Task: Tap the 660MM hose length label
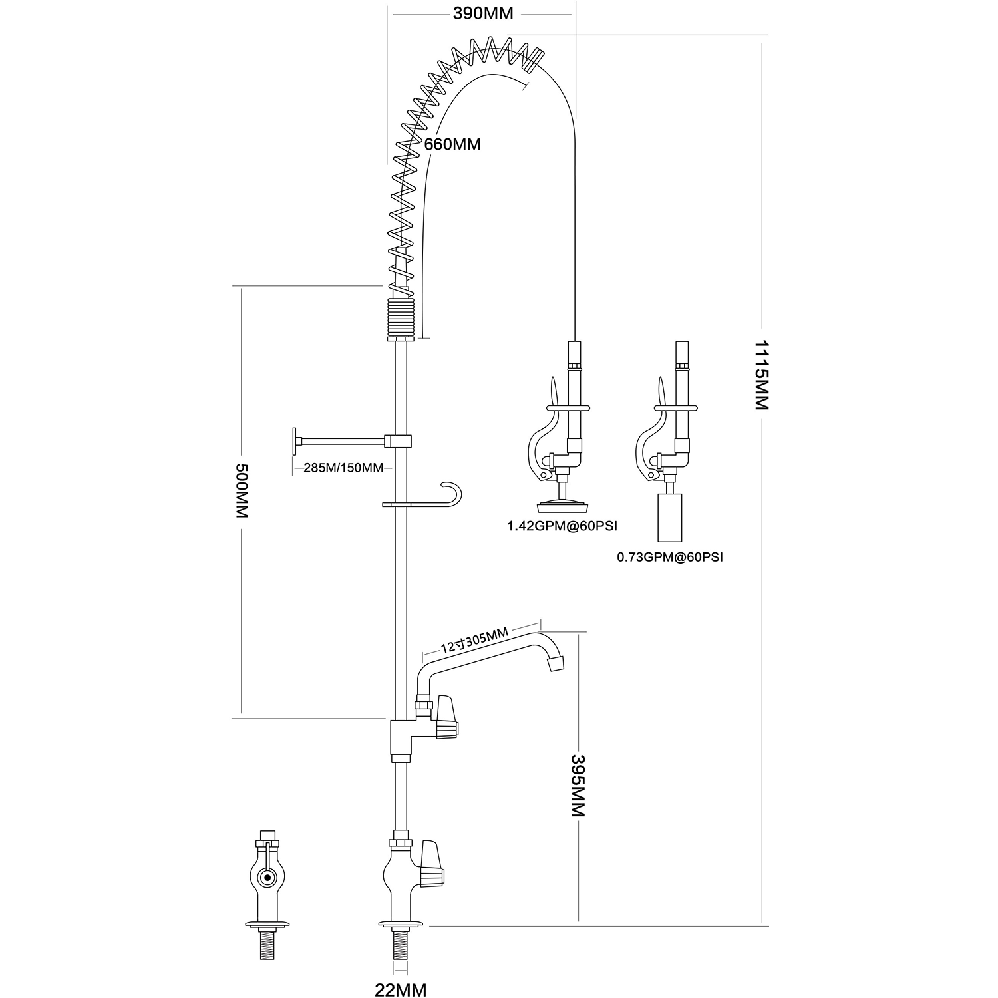pos(452,144)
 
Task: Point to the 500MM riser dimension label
pos(242,491)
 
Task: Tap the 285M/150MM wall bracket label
pos(343,468)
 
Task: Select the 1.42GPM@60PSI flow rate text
pos(562,526)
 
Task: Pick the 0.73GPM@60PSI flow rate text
pos(670,557)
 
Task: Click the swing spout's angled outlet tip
pos(556,662)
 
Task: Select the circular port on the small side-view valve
pos(268,878)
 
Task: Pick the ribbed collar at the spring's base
pos(401,318)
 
